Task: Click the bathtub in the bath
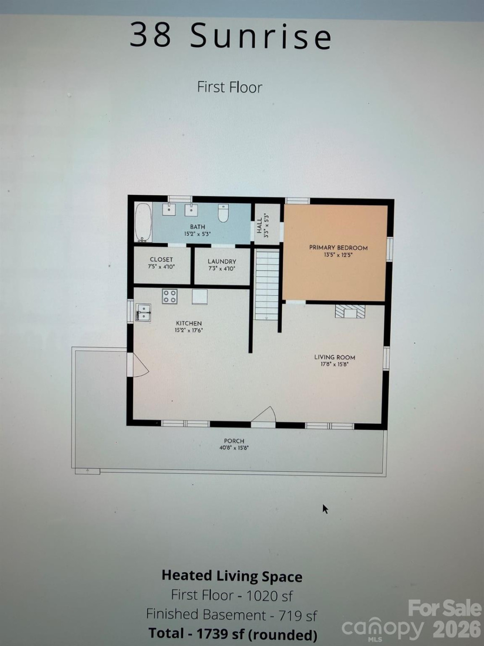(x=143, y=223)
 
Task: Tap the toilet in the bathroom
(x=224, y=213)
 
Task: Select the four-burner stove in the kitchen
(x=170, y=297)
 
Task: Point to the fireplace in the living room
(x=350, y=311)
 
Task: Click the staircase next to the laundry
(x=267, y=285)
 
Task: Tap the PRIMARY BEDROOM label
(x=338, y=248)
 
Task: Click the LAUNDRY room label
(x=222, y=262)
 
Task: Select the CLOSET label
(x=161, y=259)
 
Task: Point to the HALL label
(x=259, y=225)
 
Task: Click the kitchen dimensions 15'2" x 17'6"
(x=189, y=331)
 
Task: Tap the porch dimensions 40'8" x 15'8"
(x=234, y=448)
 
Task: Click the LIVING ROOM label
(x=335, y=357)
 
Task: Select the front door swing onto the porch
(x=264, y=415)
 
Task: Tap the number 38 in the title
(x=151, y=35)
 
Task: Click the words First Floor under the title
(x=229, y=87)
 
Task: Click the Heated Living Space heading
(x=232, y=576)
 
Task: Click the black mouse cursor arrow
(x=325, y=509)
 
